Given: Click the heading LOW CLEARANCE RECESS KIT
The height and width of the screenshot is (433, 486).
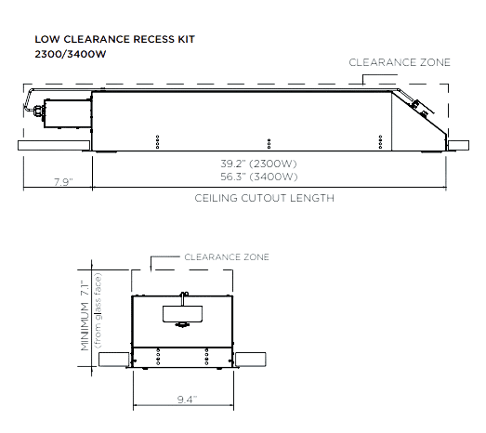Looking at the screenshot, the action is click(x=114, y=39).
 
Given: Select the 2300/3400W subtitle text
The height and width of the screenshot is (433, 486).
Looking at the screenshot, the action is click(x=71, y=54).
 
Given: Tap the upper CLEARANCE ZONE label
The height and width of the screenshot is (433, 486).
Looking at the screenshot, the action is click(x=400, y=62).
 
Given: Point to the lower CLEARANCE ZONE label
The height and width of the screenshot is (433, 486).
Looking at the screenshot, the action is click(x=227, y=257).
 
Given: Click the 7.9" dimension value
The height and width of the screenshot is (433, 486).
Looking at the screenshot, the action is click(x=63, y=182).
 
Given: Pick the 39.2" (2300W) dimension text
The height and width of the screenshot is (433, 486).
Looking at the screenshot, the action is click(x=258, y=164).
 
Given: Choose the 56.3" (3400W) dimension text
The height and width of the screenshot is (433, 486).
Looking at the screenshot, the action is click(x=259, y=177).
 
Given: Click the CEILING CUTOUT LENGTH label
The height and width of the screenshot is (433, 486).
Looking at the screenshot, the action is click(x=265, y=198).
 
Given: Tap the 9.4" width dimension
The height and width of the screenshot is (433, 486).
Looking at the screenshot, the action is click(x=187, y=400).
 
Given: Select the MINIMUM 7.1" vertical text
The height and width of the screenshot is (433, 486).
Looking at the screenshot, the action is click(x=85, y=316).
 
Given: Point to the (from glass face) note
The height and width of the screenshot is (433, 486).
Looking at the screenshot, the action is click(x=98, y=310).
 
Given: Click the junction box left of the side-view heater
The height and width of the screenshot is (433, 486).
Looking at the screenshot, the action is click(x=68, y=113).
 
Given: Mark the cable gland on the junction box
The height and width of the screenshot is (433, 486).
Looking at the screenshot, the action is click(x=38, y=111).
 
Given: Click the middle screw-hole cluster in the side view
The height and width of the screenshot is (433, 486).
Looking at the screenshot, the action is click(x=269, y=144).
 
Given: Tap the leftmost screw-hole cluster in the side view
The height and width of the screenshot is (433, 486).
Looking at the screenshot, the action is click(x=157, y=142).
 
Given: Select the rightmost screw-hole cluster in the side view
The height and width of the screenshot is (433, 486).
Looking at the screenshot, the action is click(x=380, y=142).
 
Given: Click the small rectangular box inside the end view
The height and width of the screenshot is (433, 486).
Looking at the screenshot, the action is click(x=182, y=314).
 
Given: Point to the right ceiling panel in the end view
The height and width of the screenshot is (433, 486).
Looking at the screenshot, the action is click(x=251, y=360).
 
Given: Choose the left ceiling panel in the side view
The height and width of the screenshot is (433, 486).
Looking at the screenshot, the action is click(x=54, y=146).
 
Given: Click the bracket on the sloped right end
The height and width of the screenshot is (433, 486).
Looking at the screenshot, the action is click(x=422, y=108).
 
